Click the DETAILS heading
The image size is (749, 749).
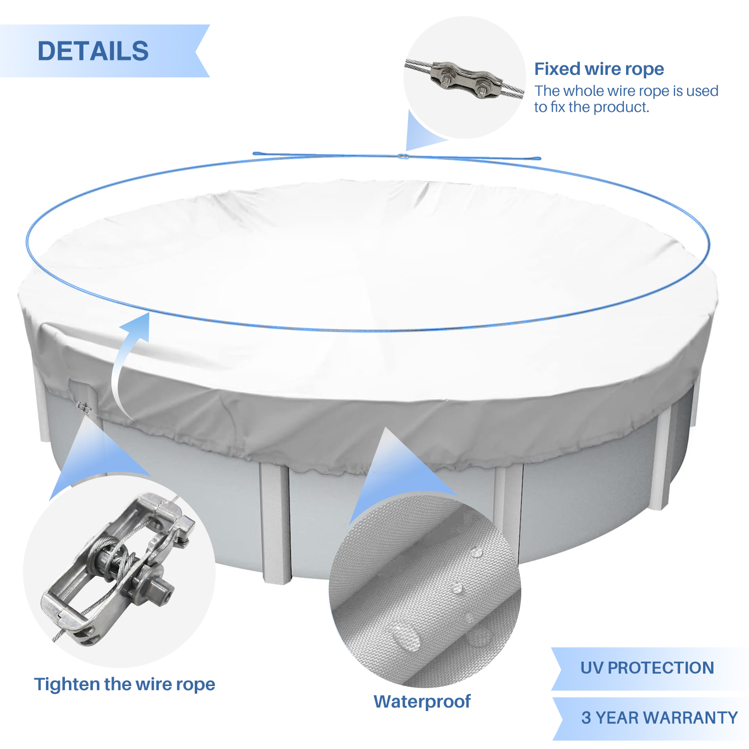[x=93, y=51]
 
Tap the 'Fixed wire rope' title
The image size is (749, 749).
[x=599, y=69]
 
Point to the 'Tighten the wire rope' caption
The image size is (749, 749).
[x=124, y=684]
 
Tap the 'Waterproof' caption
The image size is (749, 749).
[x=422, y=702]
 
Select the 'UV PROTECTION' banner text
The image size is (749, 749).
[x=647, y=668]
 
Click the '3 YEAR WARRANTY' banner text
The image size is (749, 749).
[x=659, y=718]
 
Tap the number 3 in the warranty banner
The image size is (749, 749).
[x=586, y=718]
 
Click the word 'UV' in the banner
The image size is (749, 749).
[x=591, y=668]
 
